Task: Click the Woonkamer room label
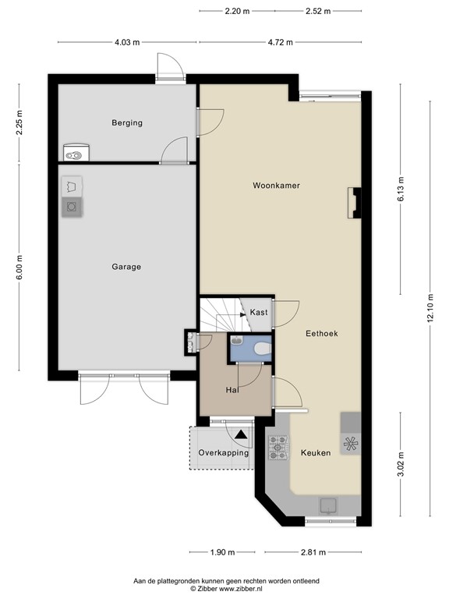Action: coord(276,186)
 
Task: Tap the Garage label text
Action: coord(126,267)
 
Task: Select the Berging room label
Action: coord(126,122)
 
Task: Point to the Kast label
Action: coord(259,313)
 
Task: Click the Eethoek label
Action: coord(321,333)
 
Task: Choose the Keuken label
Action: coord(316,452)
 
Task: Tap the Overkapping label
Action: coord(223,452)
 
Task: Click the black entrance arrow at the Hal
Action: coord(241,435)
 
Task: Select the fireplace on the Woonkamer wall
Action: coord(355,203)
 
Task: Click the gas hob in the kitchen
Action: coord(278,446)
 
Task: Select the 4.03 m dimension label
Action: coord(127,43)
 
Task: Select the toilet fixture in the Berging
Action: coord(75,154)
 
